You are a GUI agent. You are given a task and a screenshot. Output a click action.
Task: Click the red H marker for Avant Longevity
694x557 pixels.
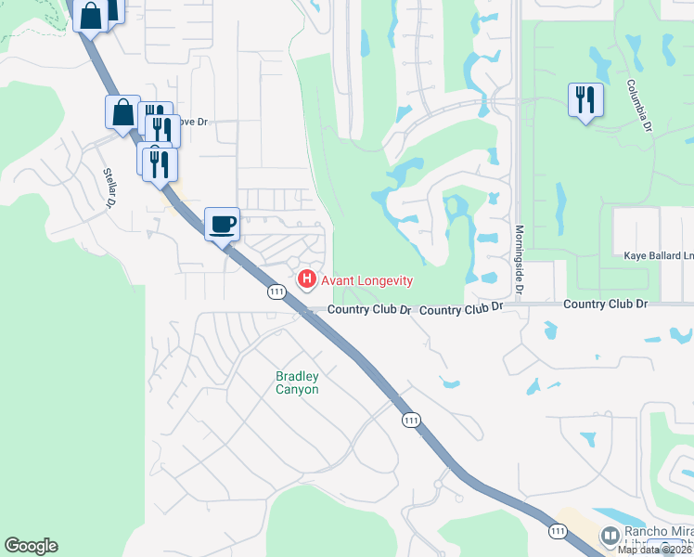click(306, 278)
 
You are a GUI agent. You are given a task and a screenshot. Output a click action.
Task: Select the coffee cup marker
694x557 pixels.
click(222, 224)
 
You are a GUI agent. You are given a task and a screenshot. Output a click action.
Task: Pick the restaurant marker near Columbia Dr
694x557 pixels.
click(585, 99)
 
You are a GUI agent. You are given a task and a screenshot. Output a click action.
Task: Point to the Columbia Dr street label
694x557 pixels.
click(638, 103)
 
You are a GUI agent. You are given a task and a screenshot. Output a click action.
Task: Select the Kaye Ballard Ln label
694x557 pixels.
click(658, 255)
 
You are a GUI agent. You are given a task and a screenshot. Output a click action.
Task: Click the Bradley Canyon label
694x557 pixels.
click(297, 382)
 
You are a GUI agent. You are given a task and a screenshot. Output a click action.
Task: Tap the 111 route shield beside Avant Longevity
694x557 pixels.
click(276, 292)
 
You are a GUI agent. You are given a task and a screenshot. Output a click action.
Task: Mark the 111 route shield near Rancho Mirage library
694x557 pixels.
click(557, 531)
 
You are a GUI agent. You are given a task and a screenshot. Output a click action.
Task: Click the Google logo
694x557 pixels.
click(31, 546)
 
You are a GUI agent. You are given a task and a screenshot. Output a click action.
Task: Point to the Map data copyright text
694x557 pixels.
click(655, 550)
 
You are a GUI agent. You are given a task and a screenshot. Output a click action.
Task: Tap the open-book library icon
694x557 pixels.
click(610, 536)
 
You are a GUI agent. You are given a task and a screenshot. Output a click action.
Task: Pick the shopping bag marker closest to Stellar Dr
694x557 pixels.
click(122, 113)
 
